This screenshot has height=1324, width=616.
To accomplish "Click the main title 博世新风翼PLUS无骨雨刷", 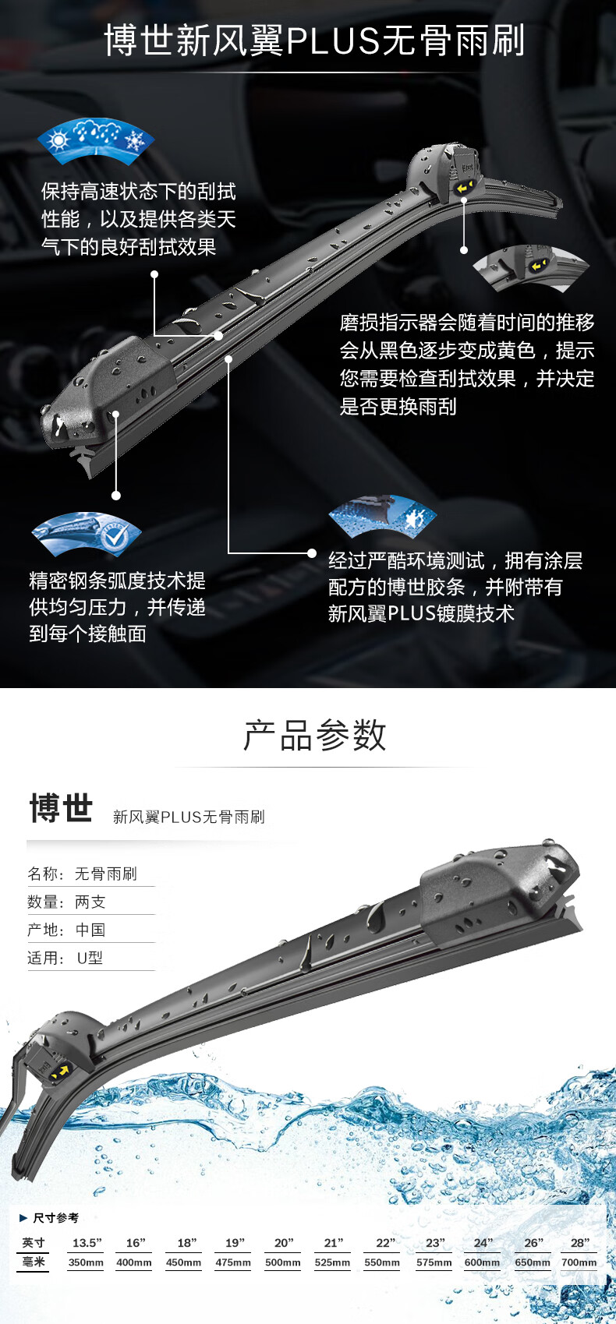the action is (x=314, y=41).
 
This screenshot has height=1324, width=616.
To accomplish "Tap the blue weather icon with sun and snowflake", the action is (x=96, y=139).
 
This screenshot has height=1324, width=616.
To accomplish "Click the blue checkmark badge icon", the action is (x=87, y=533).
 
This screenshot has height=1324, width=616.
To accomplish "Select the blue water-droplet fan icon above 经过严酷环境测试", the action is (x=382, y=515).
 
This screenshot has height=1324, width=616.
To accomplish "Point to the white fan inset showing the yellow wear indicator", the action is (x=531, y=268).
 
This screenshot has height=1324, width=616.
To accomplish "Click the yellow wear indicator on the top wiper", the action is (x=463, y=188).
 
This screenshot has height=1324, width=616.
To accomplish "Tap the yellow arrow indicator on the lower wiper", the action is (x=60, y=1071).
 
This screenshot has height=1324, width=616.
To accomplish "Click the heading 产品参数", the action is (x=314, y=736).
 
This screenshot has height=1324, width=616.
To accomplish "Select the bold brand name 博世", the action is (x=61, y=808).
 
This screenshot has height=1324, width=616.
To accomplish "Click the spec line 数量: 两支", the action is (x=66, y=902).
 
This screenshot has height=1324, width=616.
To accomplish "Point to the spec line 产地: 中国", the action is (x=66, y=930).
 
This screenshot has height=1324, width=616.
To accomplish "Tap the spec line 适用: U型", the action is (x=65, y=958).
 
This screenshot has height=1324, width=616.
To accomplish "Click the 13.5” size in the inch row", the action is (x=87, y=1242).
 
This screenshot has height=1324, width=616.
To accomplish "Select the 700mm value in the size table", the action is (x=579, y=1262).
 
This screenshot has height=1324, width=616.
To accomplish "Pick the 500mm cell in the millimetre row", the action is (x=282, y=1262).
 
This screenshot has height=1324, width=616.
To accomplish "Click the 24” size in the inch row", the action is (x=483, y=1242).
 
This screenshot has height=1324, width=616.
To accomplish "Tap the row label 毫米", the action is (x=33, y=1262).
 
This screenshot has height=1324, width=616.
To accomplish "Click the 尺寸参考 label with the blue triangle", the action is (x=49, y=1217).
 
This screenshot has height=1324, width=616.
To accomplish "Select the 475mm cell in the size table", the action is (x=233, y=1262).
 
